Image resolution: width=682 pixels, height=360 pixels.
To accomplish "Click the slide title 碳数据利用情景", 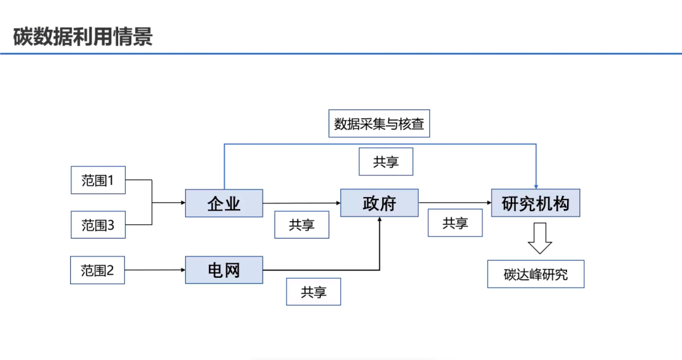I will click(83, 37).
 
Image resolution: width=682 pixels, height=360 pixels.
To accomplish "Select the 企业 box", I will click(224, 203).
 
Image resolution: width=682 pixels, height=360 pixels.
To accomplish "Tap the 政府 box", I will click(379, 203).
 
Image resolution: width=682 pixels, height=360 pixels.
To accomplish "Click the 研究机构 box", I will click(535, 203).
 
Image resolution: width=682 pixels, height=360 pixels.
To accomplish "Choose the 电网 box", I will click(224, 270).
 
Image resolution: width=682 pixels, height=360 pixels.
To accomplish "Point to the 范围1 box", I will click(98, 180).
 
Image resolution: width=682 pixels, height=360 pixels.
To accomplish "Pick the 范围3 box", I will click(98, 225).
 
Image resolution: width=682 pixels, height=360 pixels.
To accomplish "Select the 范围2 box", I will click(98, 270).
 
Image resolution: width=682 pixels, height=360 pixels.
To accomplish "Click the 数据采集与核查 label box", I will click(380, 124).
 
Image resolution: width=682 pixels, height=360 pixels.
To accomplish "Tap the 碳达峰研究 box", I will click(535, 274).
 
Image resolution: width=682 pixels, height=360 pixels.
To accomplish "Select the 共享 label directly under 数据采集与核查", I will click(386, 162).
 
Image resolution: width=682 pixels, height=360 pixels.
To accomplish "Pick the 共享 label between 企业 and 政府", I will click(302, 225).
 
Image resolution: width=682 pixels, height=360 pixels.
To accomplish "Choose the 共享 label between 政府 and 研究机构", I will click(455, 223).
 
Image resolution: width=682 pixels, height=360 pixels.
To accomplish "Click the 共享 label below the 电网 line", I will click(313, 292).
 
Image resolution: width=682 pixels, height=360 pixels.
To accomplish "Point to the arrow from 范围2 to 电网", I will click(155, 270).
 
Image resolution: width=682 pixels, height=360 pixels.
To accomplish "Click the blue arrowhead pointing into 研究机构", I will click(536, 186).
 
